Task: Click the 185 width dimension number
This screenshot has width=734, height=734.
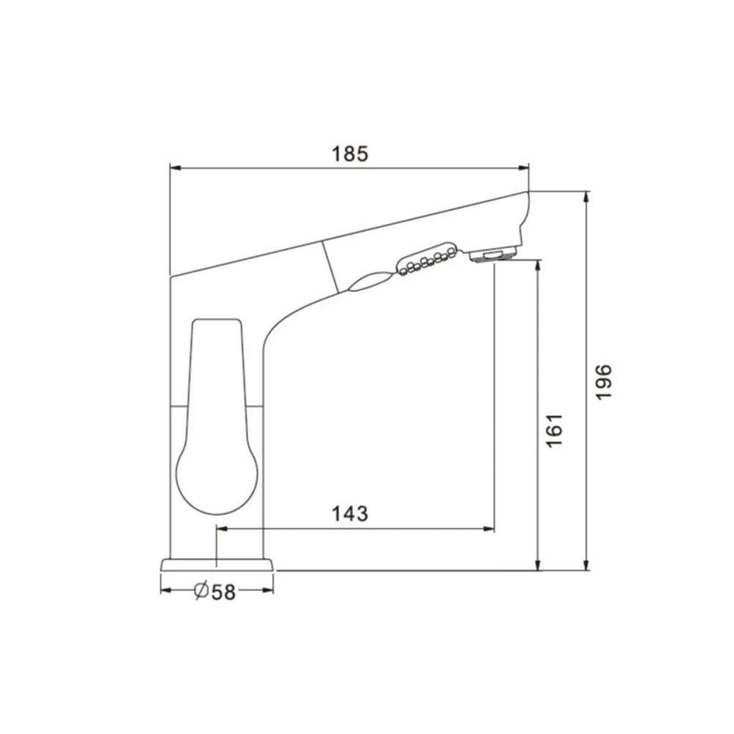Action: pos(350,153)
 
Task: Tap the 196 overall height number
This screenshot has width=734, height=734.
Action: pos(603,382)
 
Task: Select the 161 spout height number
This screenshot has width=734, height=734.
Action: pos(554,431)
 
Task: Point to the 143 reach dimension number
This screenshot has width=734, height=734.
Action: pos(349,514)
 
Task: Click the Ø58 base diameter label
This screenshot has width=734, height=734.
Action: pos(215,591)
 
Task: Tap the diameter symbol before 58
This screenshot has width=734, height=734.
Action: pos(201,591)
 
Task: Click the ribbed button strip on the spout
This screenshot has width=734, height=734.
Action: pos(426,259)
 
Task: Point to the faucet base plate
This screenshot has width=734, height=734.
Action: pos(217,564)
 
